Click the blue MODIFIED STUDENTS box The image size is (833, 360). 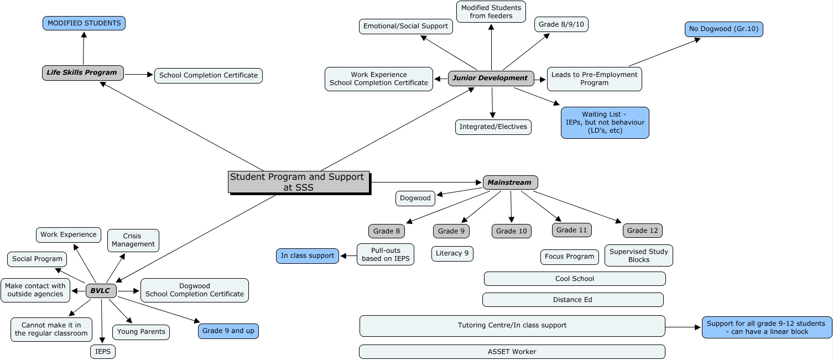pyautogui.click(x=84, y=23)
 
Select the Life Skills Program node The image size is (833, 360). pyautogui.click(x=82, y=72)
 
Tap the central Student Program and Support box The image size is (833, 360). pyautogui.click(x=298, y=182)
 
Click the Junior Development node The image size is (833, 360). pyautogui.click(x=491, y=78)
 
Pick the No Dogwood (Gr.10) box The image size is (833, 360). pyautogui.click(x=723, y=29)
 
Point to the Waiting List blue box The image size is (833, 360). pyautogui.click(x=605, y=122)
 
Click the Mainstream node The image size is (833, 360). pyautogui.click(x=510, y=182)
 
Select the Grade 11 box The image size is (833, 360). pyautogui.click(x=571, y=230)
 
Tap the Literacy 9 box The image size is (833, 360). pyautogui.click(x=452, y=254)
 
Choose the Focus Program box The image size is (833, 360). pyautogui.click(x=570, y=257)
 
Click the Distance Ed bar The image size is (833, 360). pyautogui.click(x=572, y=300)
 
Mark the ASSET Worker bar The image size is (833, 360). pyautogui.click(x=512, y=352)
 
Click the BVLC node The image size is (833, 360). pyautogui.click(x=101, y=290)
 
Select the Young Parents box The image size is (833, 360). pyautogui.click(x=141, y=332)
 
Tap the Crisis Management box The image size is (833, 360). pyautogui.click(x=133, y=240)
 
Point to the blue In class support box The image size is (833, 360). pyautogui.click(x=308, y=255)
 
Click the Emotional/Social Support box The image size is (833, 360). pyautogui.click(x=406, y=26)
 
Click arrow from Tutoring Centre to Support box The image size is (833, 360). pyautogui.click(x=683, y=327)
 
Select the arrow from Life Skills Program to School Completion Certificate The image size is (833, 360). pyautogui.click(x=139, y=74)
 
